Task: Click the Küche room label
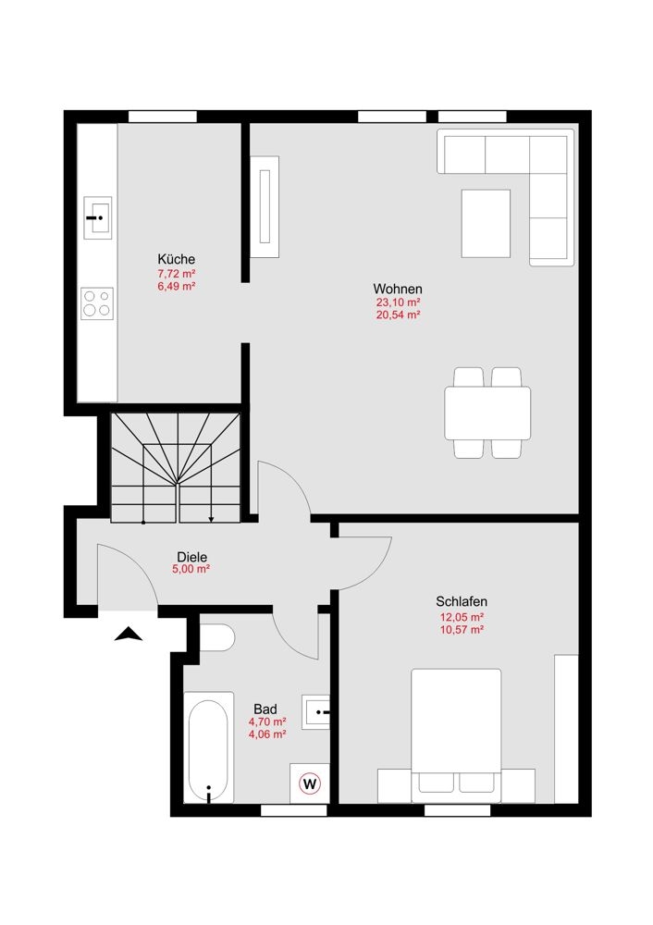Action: (x=176, y=259)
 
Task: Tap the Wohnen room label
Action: (x=398, y=289)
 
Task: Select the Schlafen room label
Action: (x=462, y=602)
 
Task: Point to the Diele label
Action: (x=191, y=557)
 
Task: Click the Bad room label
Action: (x=265, y=709)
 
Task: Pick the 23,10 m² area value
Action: (x=398, y=302)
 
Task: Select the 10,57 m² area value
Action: (x=462, y=629)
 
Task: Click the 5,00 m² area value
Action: (x=191, y=570)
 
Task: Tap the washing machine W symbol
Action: (x=310, y=784)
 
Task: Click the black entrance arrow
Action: (x=128, y=635)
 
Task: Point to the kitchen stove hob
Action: (x=97, y=303)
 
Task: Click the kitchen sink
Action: (x=98, y=217)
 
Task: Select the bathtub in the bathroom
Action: (x=208, y=747)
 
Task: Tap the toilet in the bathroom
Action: (x=217, y=637)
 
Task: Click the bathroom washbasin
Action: (x=315, y=712)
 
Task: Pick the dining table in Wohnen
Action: (x=487, y=413)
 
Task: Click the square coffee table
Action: (x=486, y=223)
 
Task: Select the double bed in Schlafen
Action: (x=456, y=735)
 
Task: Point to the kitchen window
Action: (x=162, y=117)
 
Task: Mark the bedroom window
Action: (x=457, y=810)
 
